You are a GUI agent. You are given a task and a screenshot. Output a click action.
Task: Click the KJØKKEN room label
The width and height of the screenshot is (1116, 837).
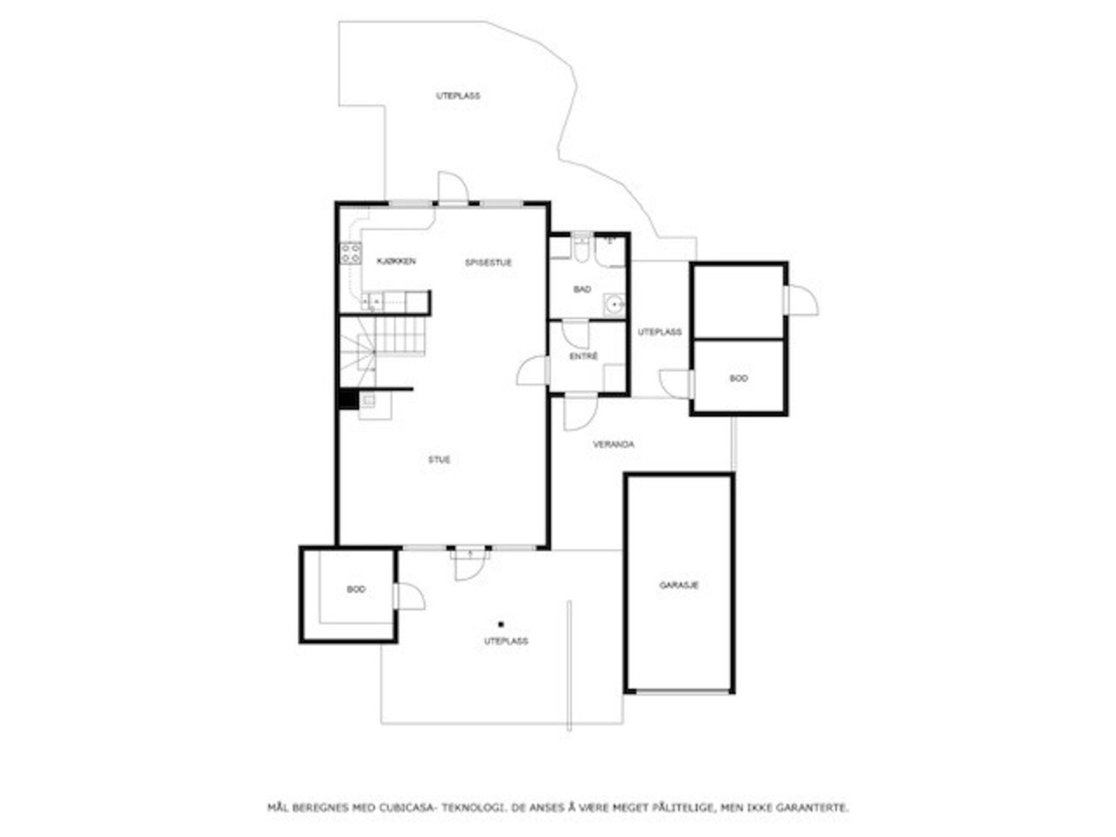point(396,262)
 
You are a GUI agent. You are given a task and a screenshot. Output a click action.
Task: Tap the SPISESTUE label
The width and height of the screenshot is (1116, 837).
point(488,263)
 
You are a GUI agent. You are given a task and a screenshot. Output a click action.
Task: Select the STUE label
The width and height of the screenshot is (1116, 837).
point(439,460)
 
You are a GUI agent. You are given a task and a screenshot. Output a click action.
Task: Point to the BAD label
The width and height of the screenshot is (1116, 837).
point(582,289)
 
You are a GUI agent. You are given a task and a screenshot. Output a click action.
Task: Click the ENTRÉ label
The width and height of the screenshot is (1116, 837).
point(584,356)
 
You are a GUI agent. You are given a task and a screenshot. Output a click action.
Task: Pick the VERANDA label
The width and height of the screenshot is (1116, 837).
point(614,444)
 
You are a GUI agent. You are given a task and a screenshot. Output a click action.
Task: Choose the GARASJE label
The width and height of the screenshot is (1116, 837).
point(679,585)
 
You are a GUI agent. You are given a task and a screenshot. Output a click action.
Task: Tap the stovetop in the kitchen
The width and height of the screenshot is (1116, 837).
point(350,253)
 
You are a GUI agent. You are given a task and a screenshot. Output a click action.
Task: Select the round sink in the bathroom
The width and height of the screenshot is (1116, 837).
point(614,304)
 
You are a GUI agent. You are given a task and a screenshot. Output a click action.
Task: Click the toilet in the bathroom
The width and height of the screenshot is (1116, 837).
point(580,250)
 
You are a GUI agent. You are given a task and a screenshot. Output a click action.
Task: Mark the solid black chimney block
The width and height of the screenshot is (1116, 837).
point(347,400)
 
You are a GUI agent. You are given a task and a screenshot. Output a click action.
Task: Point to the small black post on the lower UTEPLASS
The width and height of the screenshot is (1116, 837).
point(501,624)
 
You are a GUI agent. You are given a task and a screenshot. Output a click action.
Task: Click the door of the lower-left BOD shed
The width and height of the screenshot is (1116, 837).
point(409,597)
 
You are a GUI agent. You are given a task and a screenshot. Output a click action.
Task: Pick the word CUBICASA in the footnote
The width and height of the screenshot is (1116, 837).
point(408,808)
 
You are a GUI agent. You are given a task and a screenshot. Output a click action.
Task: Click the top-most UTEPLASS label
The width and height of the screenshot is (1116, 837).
point(458,96)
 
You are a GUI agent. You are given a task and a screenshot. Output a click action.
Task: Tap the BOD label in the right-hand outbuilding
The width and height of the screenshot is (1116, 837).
point(739,379)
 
